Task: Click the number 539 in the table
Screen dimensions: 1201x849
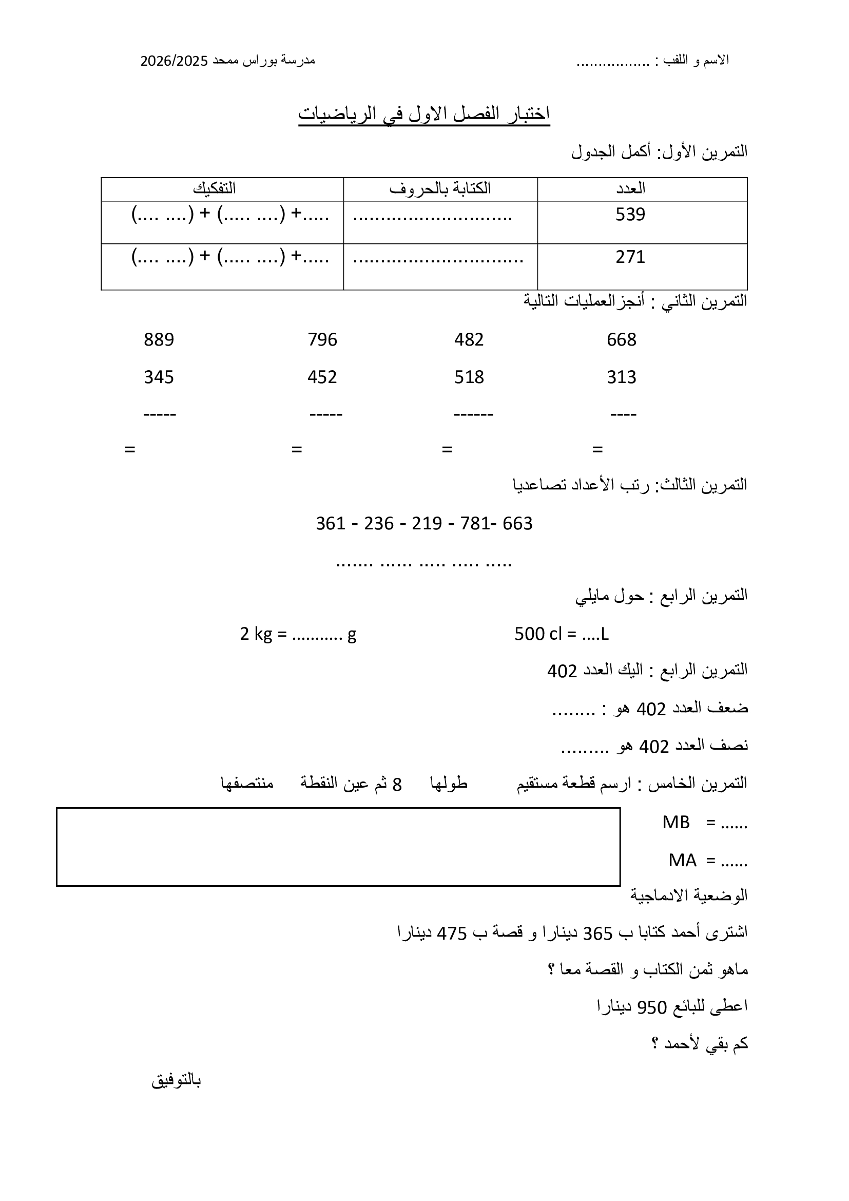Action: pyautogui.click(x=630, y=215)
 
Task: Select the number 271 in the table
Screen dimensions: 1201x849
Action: pyautogui.click(x=630, y=257)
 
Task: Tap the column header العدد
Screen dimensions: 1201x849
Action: pyautogui.click(x=630, y=188)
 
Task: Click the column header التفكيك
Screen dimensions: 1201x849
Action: pyautogui.click(x=215, y=188)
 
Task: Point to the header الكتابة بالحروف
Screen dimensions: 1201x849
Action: pyautogui.click(x=440, y=188)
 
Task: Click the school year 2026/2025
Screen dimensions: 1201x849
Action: pyautogui.click(x=174, y=61)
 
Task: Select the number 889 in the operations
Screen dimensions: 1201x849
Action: pyautogui.click(x=159, y=340)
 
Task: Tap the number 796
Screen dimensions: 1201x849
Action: pyautogui.click(x=322, y=340)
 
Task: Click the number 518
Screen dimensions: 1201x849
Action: pyautogui.click(x=469, y=377)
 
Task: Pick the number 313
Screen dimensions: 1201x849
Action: pyautogui.click(x=621, y=377)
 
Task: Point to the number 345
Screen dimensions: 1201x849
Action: pyautogui.click(x=159, y=377)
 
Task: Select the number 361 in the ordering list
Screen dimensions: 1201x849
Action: pyautogui.click(x=331, y=524)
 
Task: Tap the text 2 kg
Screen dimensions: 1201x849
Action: pyautogui.click(x=256, y=635)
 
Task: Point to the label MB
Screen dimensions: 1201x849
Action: pyautogui.click(x=676, y=823)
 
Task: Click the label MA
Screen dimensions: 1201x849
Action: pyautogui.click(x=682, y=861)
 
